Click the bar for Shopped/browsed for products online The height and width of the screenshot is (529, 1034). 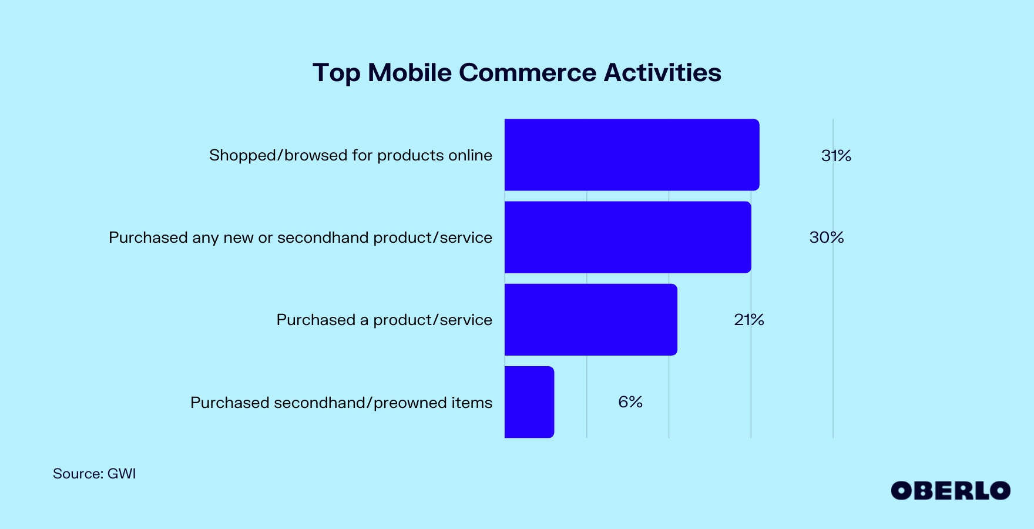tap(632, 155)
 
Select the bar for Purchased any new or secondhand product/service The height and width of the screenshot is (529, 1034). tap(627, 237)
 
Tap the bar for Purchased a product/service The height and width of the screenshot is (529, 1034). tap(590, 320)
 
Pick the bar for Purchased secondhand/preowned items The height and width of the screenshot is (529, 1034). tap(529, 402)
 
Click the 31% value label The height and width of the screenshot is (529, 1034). tap(836, 155)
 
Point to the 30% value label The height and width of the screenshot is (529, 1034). tap(827, 237)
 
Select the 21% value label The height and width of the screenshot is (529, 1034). tap(749, 320)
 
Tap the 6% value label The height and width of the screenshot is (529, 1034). tap(630, 402)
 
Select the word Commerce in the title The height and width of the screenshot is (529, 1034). tap(528, 73)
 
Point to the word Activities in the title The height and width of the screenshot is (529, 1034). tap(662, 73)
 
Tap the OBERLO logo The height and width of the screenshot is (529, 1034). tap(951, 491)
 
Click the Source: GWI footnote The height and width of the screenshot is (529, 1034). tap(94, 474)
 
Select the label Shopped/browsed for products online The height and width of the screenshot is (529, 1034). tap(351, 155)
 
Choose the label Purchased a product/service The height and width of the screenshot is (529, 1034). tap(384, 320)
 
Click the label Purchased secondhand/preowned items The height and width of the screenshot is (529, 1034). tap(341, 403)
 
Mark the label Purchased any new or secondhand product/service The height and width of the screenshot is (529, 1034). tap(300, 237)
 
